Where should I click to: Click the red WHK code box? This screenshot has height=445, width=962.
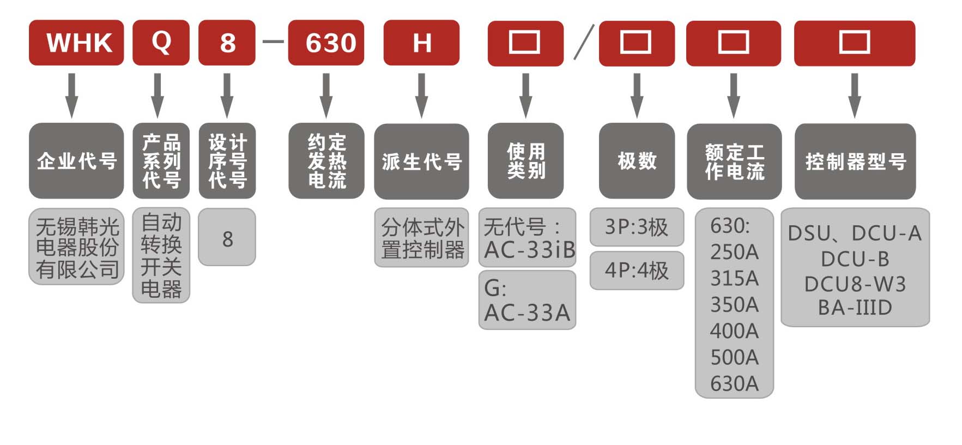pos(76,43)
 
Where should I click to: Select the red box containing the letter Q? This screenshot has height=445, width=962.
pos(161,43)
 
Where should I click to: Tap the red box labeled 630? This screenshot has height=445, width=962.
pos(326,43)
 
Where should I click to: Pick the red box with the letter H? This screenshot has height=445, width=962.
pos(421,43)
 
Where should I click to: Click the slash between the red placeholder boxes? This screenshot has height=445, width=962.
pos(583,43)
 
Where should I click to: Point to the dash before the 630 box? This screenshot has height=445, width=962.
pos(273,42)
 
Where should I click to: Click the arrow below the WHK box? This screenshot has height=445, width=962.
pos(71,95)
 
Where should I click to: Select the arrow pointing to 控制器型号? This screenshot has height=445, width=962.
pos(855,95)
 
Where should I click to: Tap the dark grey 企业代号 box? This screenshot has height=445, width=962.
pos(76,161)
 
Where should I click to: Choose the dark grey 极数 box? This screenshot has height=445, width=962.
pos(637,161)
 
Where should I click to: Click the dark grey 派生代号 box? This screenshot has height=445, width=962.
pos(421,161)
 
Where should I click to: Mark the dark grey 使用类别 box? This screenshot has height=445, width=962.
pos(525,161)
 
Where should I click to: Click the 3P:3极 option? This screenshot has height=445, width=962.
pos(637,227)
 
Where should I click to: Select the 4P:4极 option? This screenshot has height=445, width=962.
pos(637,270)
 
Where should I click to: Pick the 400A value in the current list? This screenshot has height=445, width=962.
pos(734,331)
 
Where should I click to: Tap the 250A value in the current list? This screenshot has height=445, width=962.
pos(734,252)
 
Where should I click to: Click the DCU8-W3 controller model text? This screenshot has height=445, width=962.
pos(855,284)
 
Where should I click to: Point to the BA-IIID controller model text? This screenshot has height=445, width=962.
pos(855,308)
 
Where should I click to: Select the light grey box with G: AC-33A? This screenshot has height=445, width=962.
pos(527,300)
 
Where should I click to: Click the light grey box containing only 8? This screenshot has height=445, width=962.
pos(227,238)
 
